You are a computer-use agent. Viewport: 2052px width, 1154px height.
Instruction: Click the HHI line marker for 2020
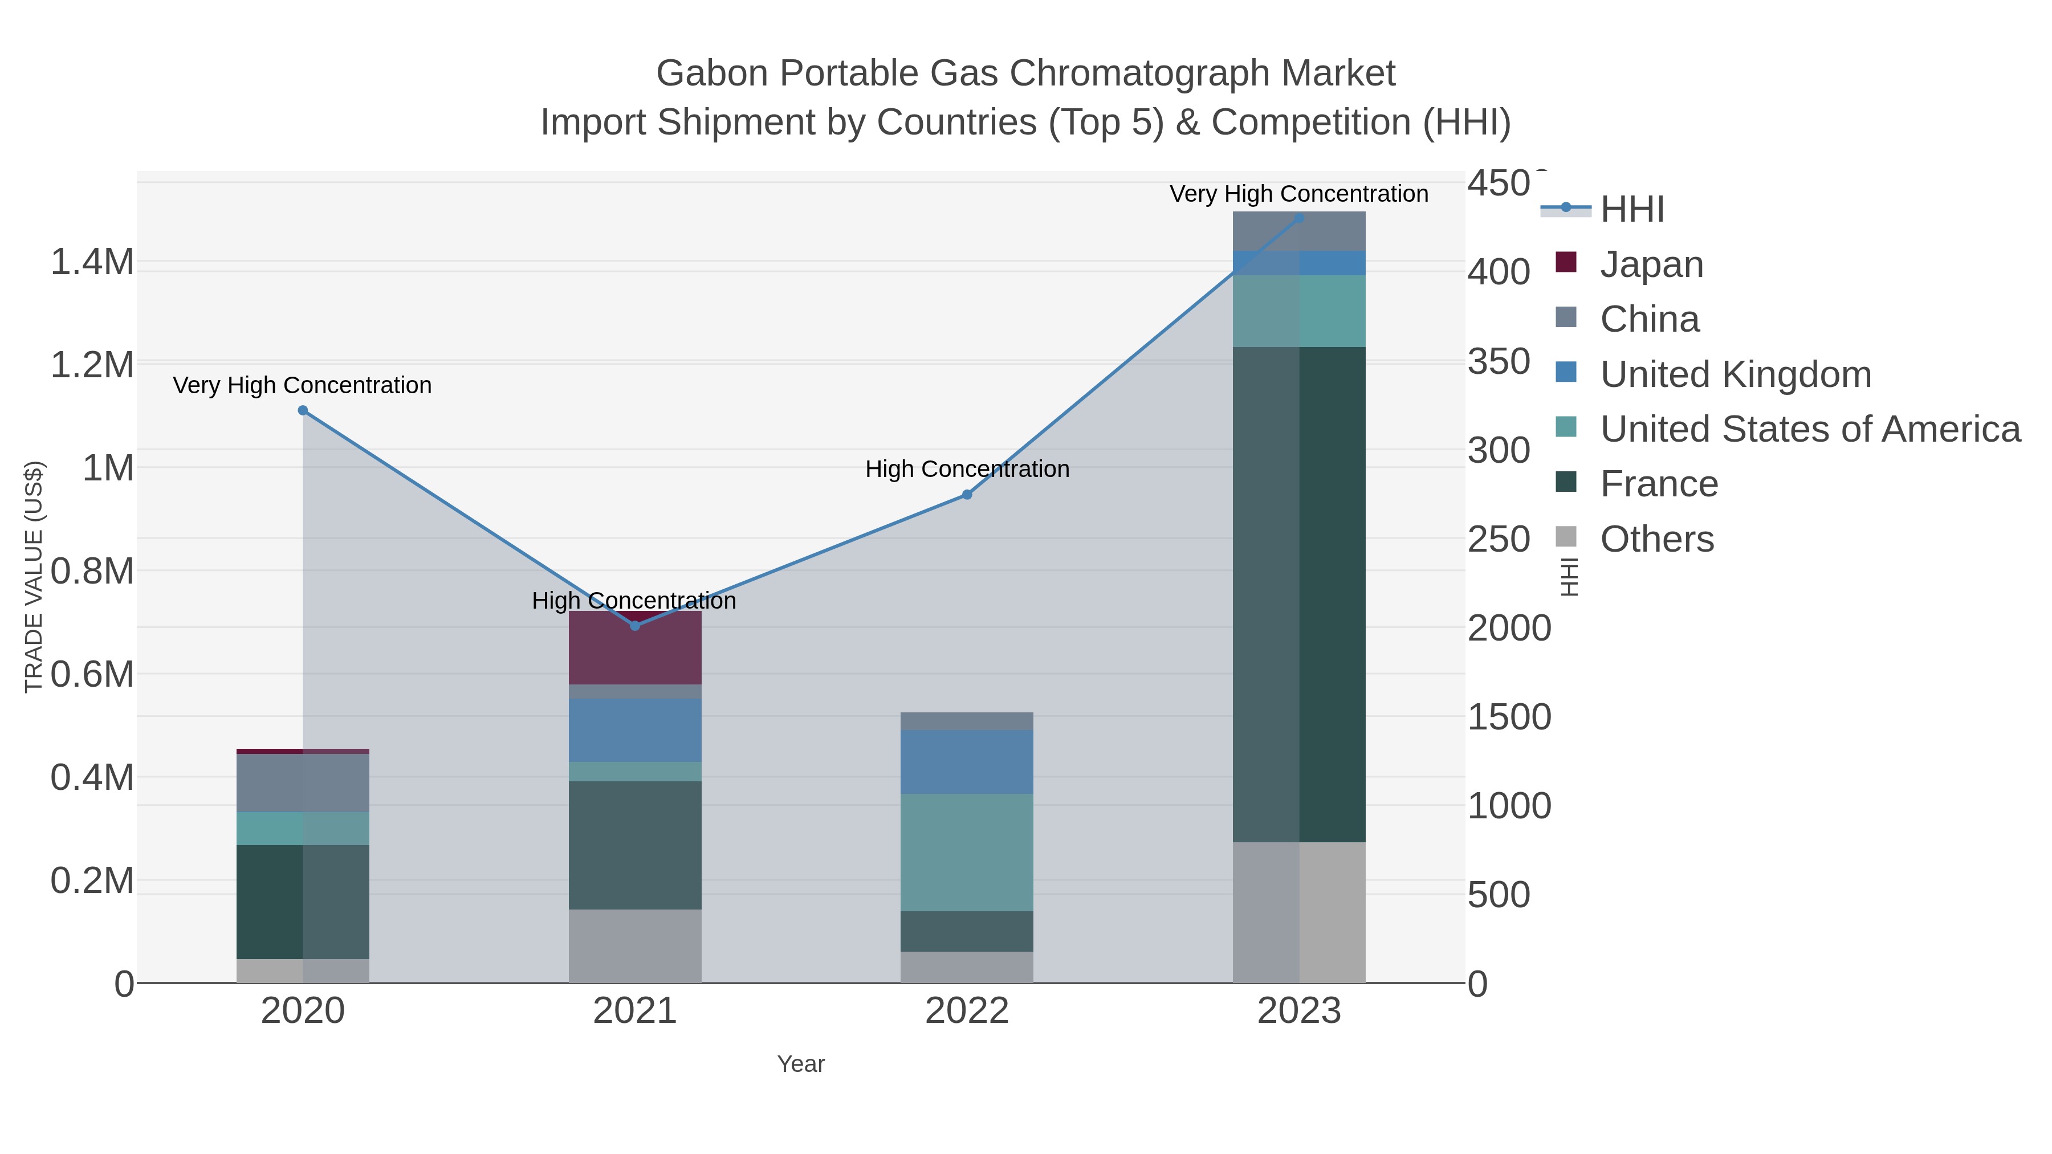point(303,411)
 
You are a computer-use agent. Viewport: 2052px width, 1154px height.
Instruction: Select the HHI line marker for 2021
point(635,626)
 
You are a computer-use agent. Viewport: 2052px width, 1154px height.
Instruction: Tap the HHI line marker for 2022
point(967,495)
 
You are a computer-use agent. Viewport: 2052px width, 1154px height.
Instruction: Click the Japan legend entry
point(1651,264)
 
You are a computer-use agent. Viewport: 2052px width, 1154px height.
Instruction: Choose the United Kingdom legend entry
point(1735,374)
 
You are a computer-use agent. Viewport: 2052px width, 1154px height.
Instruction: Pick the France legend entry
point(1659,484)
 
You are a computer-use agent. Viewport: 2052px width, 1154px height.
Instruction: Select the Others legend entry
point(1656,539)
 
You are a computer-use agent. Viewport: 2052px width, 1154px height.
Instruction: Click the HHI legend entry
point(1631,210)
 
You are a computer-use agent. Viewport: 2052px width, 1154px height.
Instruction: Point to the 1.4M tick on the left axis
point(92,262)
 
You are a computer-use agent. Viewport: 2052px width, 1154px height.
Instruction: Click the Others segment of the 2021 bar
point(635,945)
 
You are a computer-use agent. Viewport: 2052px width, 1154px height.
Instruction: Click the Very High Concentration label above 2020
point(302,385)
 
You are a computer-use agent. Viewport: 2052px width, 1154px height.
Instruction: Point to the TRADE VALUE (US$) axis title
point(34,577)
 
